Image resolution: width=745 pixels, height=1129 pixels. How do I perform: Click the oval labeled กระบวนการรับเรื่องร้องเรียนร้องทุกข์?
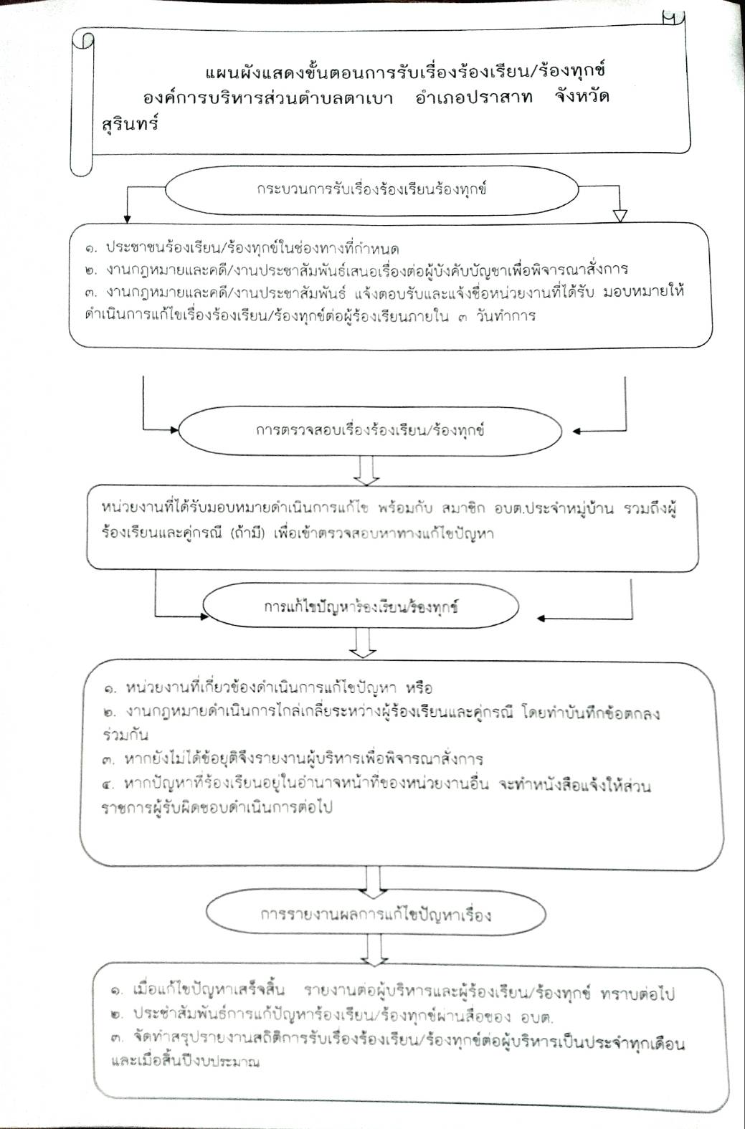pos(371,191)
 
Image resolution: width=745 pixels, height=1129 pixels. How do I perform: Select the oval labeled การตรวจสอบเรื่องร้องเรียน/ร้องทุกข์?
pos(370,432)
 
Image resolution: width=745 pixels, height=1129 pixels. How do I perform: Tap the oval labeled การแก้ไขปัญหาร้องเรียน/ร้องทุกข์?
pos(361,607)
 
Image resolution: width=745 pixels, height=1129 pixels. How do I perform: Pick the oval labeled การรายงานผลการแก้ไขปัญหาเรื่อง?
pos(376,915)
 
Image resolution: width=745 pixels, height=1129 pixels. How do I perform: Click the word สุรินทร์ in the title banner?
pos(130,123)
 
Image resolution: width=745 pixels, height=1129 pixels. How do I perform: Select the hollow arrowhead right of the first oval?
pos(620,216)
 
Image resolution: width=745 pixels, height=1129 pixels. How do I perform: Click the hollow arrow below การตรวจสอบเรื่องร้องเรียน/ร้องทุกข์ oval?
pos(366,472)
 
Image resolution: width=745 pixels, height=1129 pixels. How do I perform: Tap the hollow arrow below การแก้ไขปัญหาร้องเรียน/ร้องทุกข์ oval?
pos(363,645)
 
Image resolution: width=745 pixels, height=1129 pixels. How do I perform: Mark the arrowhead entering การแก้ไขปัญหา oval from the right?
pos(542,618)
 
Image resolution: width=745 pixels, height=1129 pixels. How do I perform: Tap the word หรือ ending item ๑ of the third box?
pos(419,689)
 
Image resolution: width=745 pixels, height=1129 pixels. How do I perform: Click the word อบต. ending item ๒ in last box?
pos(533,1016)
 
